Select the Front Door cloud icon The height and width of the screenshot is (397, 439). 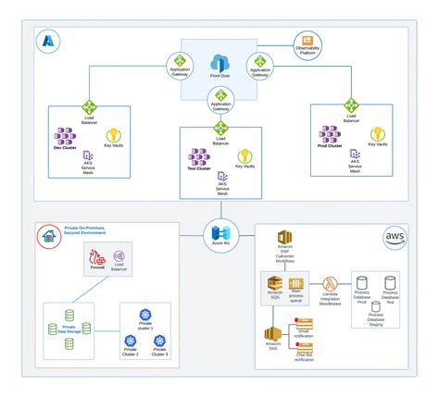[219, 60]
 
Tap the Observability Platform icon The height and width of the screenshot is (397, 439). [307, 43]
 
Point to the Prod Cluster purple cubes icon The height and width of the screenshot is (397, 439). [331, 135]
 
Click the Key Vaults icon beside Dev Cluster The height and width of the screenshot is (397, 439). [115, 137]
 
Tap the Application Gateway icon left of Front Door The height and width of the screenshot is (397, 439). [179, 64]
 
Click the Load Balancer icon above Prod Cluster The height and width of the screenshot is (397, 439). [351, 106]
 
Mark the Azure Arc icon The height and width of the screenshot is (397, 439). [219, 231]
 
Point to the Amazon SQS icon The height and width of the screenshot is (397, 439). [275, 284]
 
